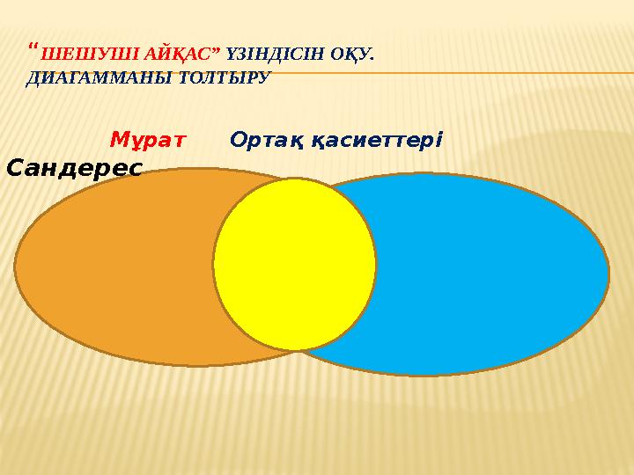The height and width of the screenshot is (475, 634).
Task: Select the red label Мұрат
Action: point(147,140)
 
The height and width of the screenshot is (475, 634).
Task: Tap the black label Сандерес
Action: point(74,166)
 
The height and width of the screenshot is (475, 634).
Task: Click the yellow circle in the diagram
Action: point(294,264)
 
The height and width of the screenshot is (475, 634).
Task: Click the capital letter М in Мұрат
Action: point(118,140)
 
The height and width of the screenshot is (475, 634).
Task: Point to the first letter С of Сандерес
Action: point(15,166)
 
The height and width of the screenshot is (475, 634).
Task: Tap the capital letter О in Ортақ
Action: point(238,140)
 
